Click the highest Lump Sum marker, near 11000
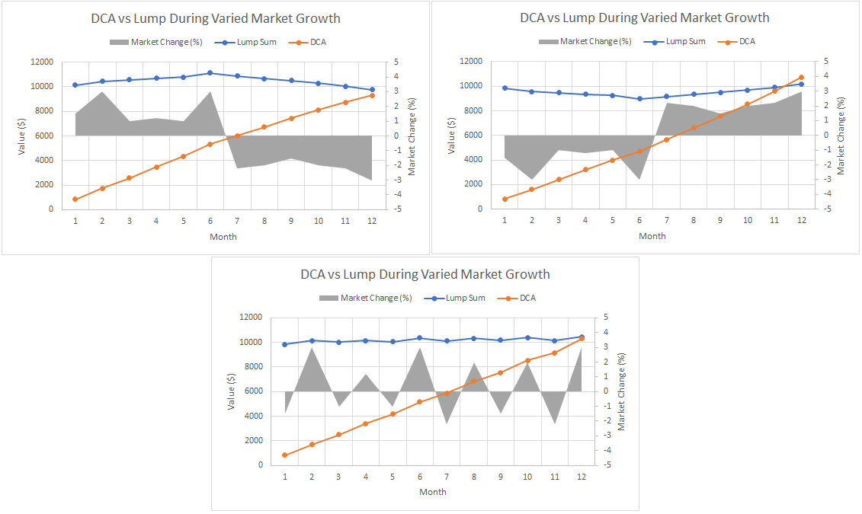point(210,73)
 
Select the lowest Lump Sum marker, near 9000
point(639,98)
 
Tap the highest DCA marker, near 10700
point(801,77)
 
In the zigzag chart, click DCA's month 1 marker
point(285,455)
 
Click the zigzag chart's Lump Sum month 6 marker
point(419,338)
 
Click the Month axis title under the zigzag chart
point(433,492)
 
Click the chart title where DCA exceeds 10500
point(645,18)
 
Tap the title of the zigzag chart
point(425,274)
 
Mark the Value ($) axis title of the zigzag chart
point(231,391)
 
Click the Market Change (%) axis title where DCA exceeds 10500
point(841,135)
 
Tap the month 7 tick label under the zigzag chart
point(447,477)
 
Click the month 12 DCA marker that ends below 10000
point(372,95)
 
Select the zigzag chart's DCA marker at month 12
point(582,338)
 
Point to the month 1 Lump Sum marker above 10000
point(75,85)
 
